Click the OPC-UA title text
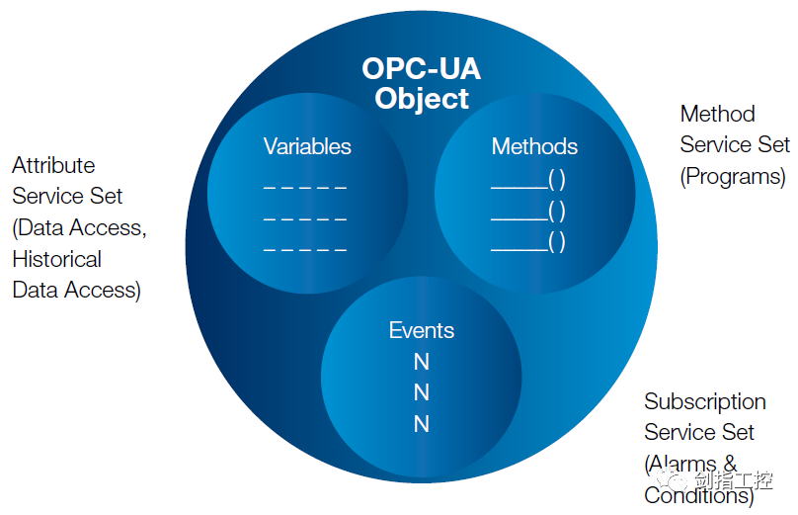pyautogui.click(x=421, y=68)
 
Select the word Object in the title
pyautogui.click(x=422, y=99)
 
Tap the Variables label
pyautogui.click(x=307, y=146)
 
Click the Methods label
pyautogui.click(x=534, y=146)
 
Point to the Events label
pyautogui.click(x=422, y=330)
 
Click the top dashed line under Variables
pyautogui.click(x=305, y=188)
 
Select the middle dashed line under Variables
pyautogui.click(x=305, y=219)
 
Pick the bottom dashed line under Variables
pyautogui.click(x=305, y=250)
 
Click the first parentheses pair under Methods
pyautogui.click(x=557, y=179)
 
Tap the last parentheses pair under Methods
pyautogui.click(x=557, y=242)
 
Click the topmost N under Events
pyautogui.click(x=422, y=362)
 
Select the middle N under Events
pyautogui.click(x=422, y=392)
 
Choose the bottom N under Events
pyautogui.click(x=422, y=424)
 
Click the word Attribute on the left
pyautogui.click(x=53, y=165)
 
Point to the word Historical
pyautogui.click(x=57, y=259)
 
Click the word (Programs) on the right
pyautogui.click(x=733, y=177)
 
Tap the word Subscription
pyautogui.click(x=705, y=402)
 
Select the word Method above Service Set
pyautogui.click(x=718, y=114)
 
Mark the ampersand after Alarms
pyautogui.click(x=730, y=464)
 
